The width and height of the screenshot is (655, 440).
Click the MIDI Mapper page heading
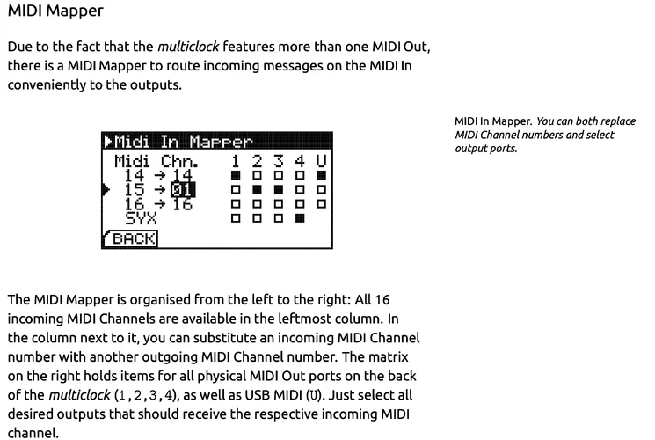coord(55,11)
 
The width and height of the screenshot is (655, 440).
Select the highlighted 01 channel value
coord(183,190)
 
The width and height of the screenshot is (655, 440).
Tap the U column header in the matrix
coord(321,161)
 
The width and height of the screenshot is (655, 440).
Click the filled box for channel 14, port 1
coord(236,175)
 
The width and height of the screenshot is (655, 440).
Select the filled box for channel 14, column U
coord(321,175)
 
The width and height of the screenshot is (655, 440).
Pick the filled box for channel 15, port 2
coord(258,189)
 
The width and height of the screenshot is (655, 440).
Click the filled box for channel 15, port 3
coord(279,189)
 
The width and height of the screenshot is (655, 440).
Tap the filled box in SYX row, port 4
coord(300,218)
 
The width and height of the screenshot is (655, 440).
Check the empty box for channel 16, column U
coord(321,203)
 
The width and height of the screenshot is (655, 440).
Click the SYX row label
coord(141,218)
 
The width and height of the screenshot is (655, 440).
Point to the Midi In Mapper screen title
coord(183,142)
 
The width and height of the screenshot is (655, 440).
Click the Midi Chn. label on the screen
coord(156,161)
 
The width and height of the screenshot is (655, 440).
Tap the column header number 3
coord(279,161)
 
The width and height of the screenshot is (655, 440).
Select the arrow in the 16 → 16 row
coord(159,204)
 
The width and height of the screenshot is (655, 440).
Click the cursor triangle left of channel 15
coord(106,189)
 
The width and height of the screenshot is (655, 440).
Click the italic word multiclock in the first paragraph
coord(188,47)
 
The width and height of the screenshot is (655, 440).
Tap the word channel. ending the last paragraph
coord(33,433)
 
